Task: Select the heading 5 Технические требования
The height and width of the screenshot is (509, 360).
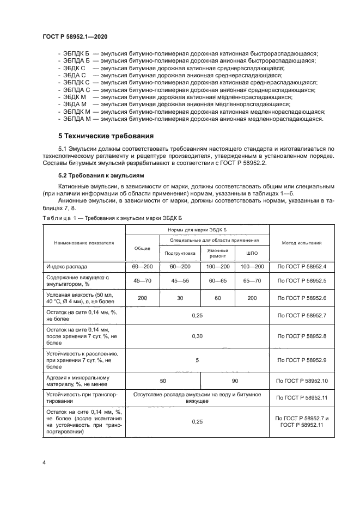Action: [x=106, y=135]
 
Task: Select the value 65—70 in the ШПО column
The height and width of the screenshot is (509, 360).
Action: [x=252, y=280]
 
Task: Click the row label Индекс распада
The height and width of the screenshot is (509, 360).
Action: [x=67, y=266]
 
